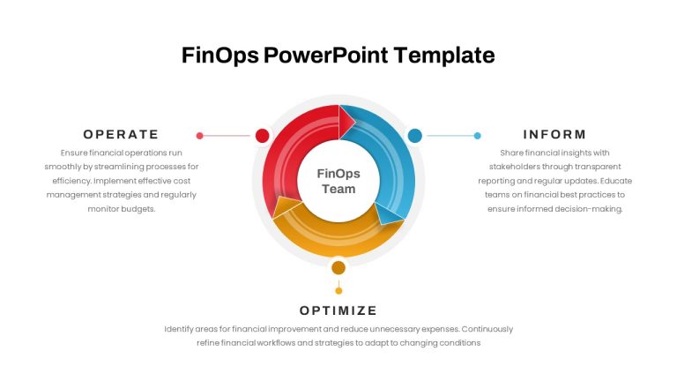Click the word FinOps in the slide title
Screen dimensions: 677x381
(x=220, y=56)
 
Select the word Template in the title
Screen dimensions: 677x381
(x=444, y=55)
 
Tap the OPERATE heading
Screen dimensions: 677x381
(x=121, y=134)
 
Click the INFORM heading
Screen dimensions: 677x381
(x=554, y=134)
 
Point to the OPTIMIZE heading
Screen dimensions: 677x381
(x=338, y=310)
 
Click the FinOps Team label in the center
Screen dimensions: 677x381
(x=338, y=181)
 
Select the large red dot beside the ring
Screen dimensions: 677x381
(x=262, y=135)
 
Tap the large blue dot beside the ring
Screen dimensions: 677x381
(x=415, y=135)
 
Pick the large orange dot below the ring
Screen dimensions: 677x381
(x=338, y=268)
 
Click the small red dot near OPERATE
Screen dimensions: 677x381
(x=199, y=136)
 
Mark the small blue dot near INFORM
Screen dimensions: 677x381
(x=477, y=136)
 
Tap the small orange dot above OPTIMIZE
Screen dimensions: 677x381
(x=338, y=291)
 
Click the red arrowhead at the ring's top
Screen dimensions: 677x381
(x=346, y=122)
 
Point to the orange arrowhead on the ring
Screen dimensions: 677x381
(x=286, y=207)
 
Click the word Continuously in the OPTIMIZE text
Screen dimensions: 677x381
(x=487, y=329)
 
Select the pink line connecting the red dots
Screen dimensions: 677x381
(x=227, y=136)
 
